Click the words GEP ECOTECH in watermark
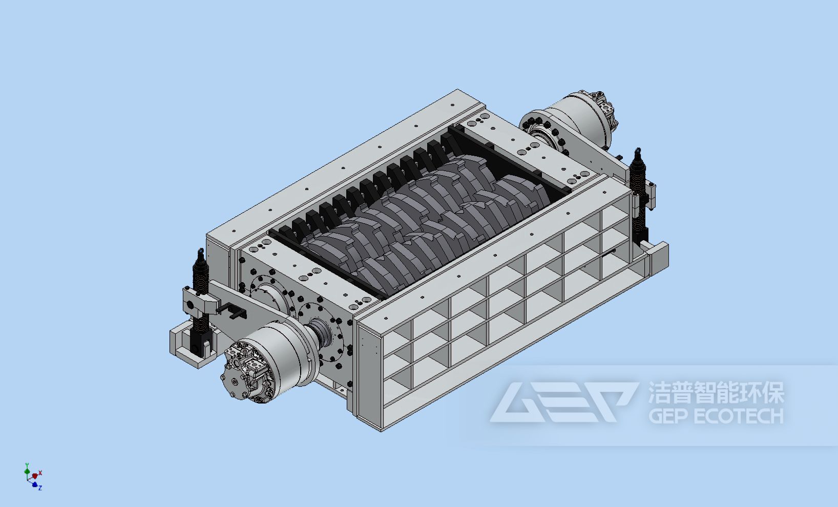tap(716, 416)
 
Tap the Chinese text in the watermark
tap(716, 393)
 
